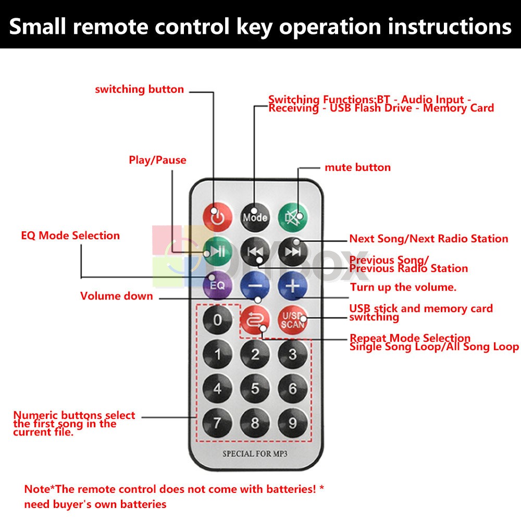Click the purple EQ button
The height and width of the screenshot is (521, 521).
tap(217, 285)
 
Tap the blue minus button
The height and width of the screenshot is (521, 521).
tap(255, 286)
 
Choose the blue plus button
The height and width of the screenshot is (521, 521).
tap(293, 286)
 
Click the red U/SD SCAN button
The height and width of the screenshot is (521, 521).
tap(293, 319)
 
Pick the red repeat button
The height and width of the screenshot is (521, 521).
tap(255, 319)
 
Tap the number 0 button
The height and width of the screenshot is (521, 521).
tap(217, 319)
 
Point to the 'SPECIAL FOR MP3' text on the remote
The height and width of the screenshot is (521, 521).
tap(255, 454)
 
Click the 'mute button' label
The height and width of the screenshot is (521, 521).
tap(357, 167)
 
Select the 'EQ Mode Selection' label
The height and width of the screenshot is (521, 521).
tap(70, 235)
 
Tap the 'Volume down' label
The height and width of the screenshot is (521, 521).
tap(117, 296)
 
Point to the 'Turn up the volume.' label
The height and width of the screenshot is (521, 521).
tap(403, 287)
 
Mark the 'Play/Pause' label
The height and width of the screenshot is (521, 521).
tap(157, 160)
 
